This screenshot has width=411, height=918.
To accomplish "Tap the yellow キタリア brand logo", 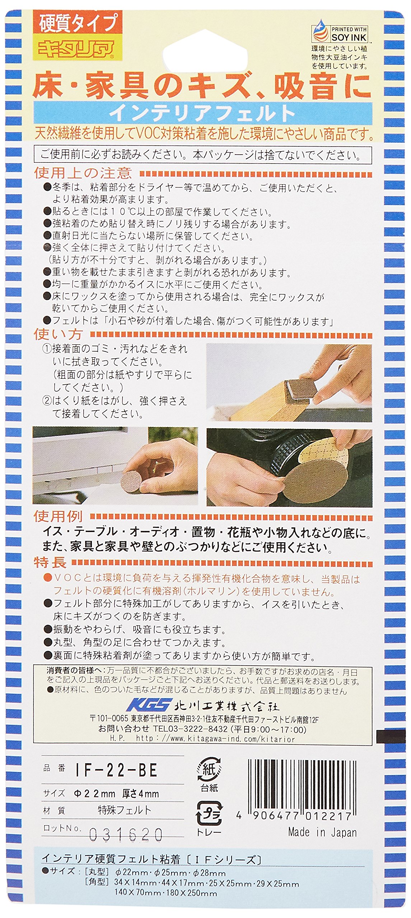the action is [76, 47].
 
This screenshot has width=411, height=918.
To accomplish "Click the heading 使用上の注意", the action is [83, 173].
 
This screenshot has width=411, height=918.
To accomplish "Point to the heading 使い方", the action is [59, 334].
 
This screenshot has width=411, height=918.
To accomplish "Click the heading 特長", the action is [50, 562].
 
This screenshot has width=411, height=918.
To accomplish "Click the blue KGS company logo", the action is [147, 706].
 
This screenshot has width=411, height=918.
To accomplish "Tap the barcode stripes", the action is [302, 779].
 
